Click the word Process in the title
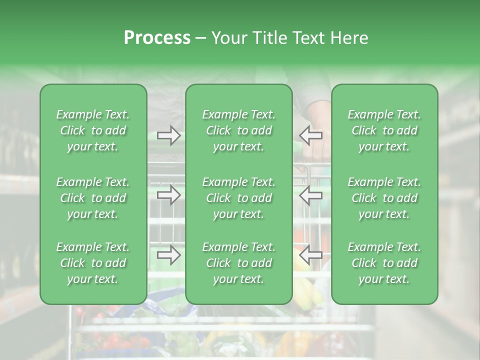[x=157, y=37]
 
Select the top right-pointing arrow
[x=169, y=135]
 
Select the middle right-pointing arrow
[x=169, y=195]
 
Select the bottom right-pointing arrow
[x=169, y=255]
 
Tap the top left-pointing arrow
[x=310, y=135]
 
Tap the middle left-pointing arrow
[x=310, y=195]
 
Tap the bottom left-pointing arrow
[x=310, y=255]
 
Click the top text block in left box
[x=93, y=130]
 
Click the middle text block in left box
[x=93, y=198]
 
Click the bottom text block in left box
[x=93, y=263]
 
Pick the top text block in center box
[x=239, y=130]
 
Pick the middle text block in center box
[x=239, y=198]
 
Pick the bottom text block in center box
[x=239, y=263]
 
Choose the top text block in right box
[x=384, y=130]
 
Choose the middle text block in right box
[x=384, y=198]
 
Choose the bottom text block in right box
[x=384, y=263]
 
